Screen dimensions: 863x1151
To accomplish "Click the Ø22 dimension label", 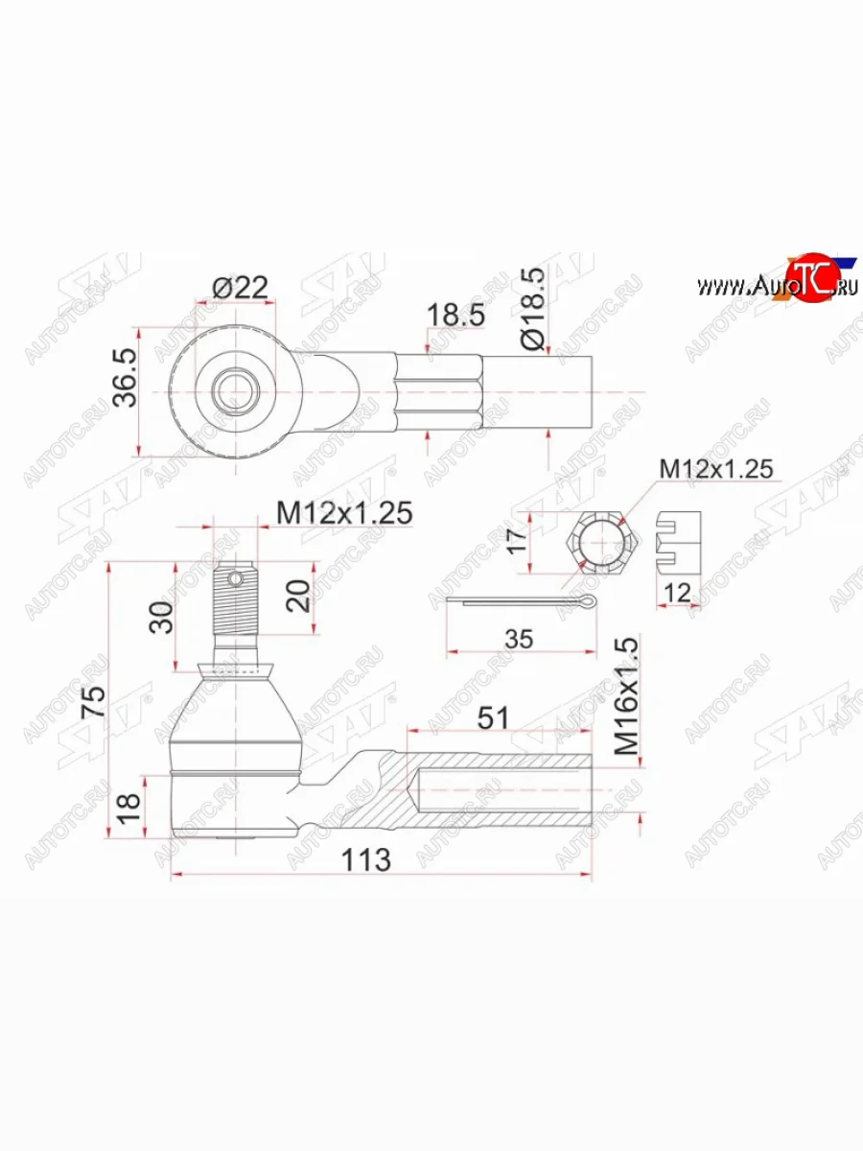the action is [x=240, y=288].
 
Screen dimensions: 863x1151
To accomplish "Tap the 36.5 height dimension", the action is [x=126, y=377].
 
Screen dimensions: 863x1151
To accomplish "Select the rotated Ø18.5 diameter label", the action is [x=534, y=308].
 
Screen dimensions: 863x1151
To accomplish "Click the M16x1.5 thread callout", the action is [x=627, y=695].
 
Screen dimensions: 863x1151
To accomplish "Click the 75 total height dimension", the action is [x=94, y=700].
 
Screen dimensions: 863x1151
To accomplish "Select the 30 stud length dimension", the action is [x=161, y=617].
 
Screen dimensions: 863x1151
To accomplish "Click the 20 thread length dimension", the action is [x=298, y=597].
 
